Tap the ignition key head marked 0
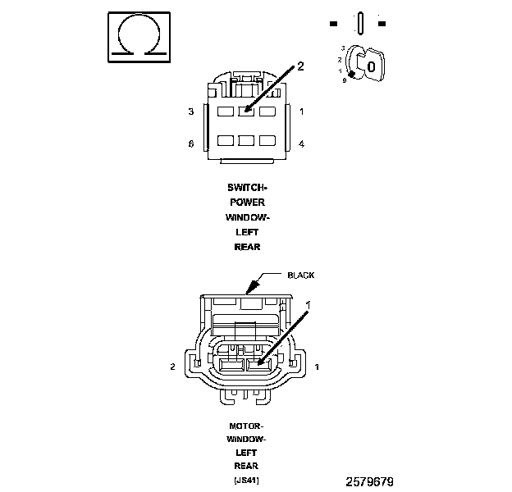(371, 65)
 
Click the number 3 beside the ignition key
(341, 49)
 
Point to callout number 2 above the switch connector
(299, 66)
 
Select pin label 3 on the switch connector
(190, 111)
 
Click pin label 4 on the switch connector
(302, 143)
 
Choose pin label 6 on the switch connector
(190, 143)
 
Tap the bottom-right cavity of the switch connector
(267, 140)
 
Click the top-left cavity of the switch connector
(225, 110)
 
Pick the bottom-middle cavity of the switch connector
(246, 140)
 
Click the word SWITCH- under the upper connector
(247, 187)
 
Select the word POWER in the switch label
(247, 202)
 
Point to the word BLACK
(300, 276)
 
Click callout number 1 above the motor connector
(309, 304)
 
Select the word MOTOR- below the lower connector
(246, 427)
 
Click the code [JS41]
(246, 480)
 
